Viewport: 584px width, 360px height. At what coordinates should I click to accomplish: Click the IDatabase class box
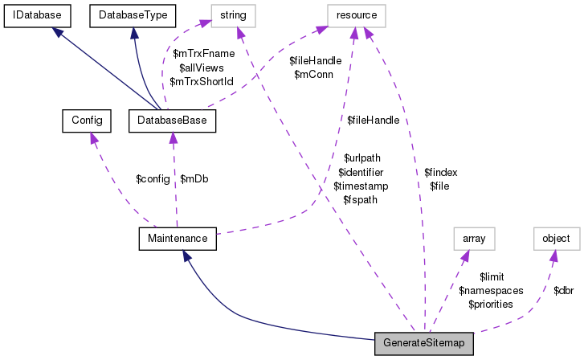(x=38, y=14)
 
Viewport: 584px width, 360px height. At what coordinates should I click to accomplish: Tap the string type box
(x=233, y=14)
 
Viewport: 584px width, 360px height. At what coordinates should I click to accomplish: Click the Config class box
(x=85, y=121)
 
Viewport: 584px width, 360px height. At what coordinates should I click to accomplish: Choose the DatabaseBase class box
(x=172, y=121)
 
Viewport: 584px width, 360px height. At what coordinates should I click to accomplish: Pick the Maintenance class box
(x=177, y=238)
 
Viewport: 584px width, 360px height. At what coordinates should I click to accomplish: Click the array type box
(x=474, y=238)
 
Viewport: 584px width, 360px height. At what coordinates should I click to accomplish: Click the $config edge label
(x=153, y=178)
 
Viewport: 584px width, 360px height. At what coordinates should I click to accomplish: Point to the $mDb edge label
(x=194, y=178)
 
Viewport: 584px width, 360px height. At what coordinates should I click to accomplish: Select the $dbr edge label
(x=563, y=289)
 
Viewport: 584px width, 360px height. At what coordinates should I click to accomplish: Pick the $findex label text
(x=440, y=172)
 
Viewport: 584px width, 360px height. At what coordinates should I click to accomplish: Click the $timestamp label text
(x=361, y=186)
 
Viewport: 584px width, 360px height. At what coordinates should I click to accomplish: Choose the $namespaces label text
(x=491, y=290)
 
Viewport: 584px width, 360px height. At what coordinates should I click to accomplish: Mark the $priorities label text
(x=491, y=304)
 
